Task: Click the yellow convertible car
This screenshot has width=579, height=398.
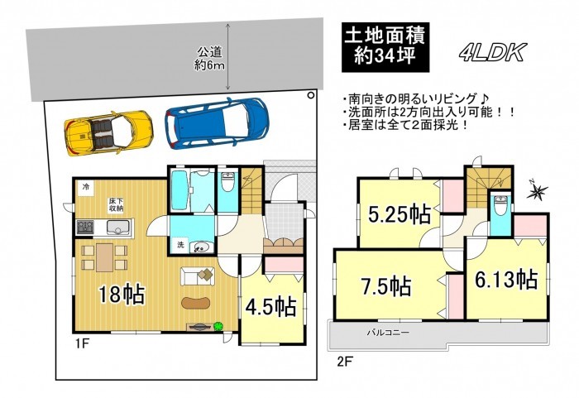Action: coord(108,132)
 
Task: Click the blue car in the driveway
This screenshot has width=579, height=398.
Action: coord(217,123)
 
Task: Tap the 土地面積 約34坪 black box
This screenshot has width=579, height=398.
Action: coord(385,47)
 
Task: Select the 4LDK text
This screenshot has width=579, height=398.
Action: coord(493,53)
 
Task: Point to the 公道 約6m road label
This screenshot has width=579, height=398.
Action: coord(210,59)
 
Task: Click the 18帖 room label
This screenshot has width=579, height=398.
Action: coord(121,295)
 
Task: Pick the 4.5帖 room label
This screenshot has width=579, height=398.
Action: coord(270,306)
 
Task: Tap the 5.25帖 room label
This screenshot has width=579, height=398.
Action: coord(400,214)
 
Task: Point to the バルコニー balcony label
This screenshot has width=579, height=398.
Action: coord(388,333)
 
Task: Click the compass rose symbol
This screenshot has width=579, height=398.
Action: coord(537,191)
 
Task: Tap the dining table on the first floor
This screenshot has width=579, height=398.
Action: coord(104,257)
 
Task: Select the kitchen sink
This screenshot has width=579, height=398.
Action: coord(118,228)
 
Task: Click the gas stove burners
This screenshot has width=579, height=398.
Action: coord(85,227)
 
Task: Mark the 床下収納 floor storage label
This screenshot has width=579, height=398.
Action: coord(116,205)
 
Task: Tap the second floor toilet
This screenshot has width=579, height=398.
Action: coord(500,205)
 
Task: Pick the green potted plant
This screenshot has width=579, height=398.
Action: coord(218,326)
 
